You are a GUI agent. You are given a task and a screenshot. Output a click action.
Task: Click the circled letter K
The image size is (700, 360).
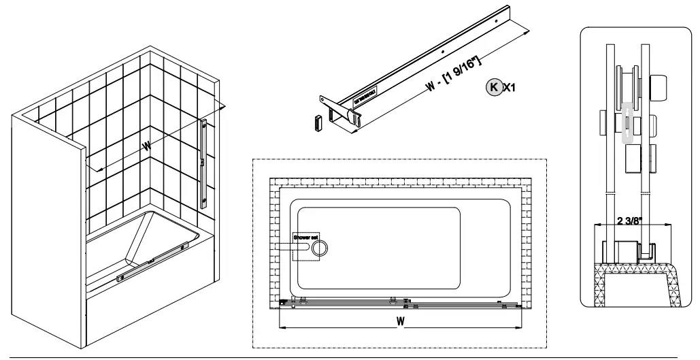(x=493, y=86)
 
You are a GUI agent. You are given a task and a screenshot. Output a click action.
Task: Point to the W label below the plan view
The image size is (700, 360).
(x=401, y=322)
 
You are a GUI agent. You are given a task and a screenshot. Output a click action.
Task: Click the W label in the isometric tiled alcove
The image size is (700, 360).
(x=145, y=146)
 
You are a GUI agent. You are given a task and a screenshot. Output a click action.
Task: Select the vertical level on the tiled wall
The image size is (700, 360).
(x=203, y=163)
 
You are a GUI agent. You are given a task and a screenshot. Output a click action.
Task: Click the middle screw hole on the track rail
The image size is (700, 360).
(x=443, y=51)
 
